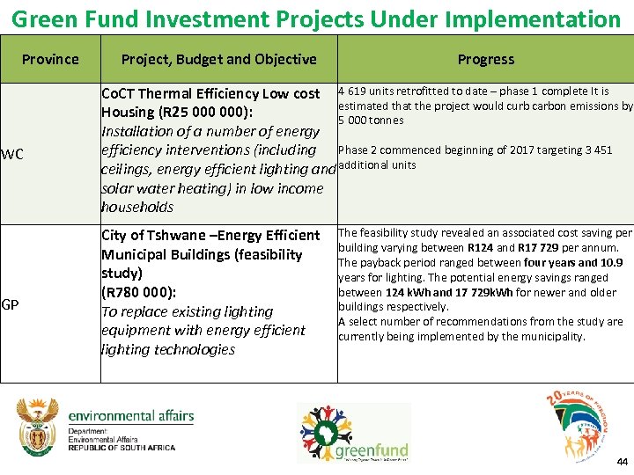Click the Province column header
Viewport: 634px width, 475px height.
50,59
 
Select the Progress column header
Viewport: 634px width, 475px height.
485,59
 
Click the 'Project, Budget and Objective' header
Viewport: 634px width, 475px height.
218,59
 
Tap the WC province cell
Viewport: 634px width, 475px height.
12,155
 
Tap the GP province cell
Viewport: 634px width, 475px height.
11,304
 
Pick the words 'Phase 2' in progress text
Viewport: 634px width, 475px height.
358,150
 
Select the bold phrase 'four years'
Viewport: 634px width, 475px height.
549,263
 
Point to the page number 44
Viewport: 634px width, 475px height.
622,462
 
